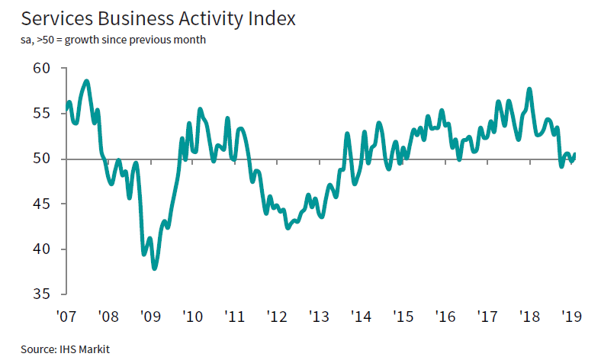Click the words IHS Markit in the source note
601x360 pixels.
point(85,349)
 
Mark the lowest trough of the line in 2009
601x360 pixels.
point(155,268)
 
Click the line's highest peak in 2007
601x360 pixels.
point(87,81)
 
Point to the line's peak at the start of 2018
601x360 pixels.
point(529,89)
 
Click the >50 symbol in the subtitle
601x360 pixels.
point(45,39)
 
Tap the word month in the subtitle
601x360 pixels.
point(188,39)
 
